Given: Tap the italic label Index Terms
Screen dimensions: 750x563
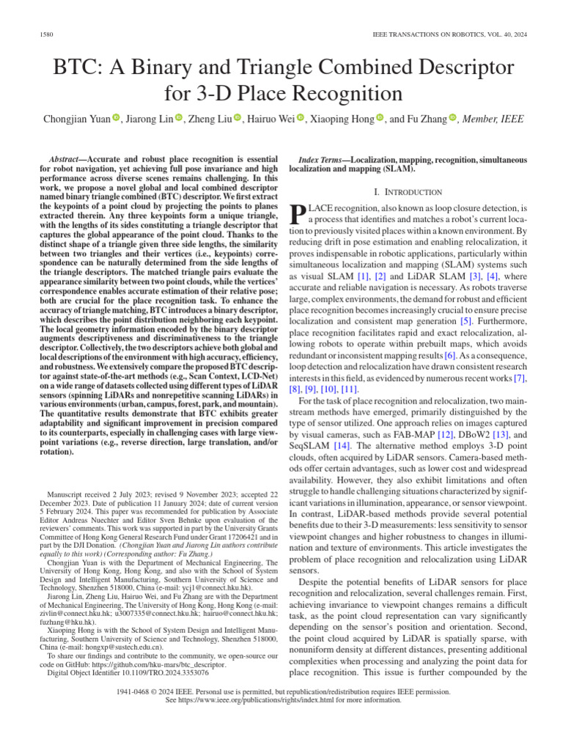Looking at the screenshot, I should [x=323, y=160].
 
